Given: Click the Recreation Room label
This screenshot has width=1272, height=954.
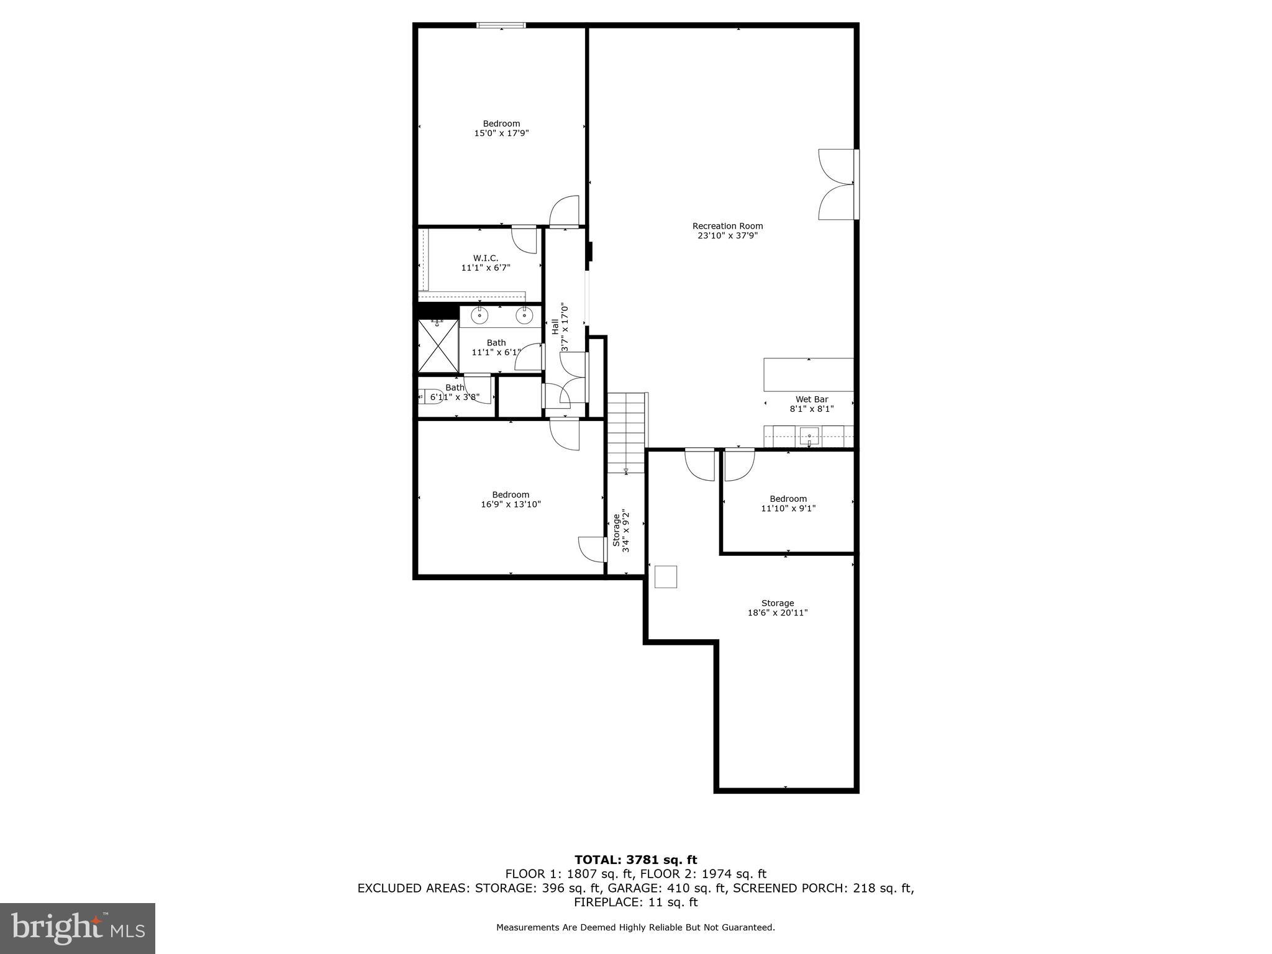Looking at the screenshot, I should click(x=727, y=226).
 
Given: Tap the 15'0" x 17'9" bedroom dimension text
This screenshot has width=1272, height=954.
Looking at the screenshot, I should click(x=501, y=134).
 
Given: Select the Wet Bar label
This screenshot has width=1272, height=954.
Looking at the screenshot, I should click(x=812, y=399).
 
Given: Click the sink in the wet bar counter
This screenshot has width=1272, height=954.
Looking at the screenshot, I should click(x=809, y=436).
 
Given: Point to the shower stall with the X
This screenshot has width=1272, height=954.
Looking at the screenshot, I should click(x=438, y=346).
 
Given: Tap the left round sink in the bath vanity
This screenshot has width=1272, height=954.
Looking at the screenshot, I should click(x=479, y=316).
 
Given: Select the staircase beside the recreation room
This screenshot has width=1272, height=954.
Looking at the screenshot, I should click(x=627, y=432).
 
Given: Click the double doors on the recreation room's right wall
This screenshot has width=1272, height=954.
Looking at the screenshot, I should click(x=837, y=184).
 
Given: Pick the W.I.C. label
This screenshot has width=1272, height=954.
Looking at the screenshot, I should click(x=486, y=258).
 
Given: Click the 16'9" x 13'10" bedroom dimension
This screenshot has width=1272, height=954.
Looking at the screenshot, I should click(x=511, y=504).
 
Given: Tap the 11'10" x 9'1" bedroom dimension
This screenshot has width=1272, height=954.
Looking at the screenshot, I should click(x=788, y=508).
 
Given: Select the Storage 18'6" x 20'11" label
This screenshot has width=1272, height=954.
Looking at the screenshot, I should click(x=778, y=607).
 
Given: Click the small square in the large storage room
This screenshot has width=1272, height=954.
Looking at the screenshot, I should click(x=666, y=576).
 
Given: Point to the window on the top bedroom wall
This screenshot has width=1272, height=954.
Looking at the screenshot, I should click(x=501, y=25).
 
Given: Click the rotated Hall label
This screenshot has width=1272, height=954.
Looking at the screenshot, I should click(x=555, y=327).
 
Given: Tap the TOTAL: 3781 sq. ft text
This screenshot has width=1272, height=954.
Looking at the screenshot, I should click(x=635, y=860).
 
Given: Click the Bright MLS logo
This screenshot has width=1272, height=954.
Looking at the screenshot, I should click(x=78, y=929).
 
